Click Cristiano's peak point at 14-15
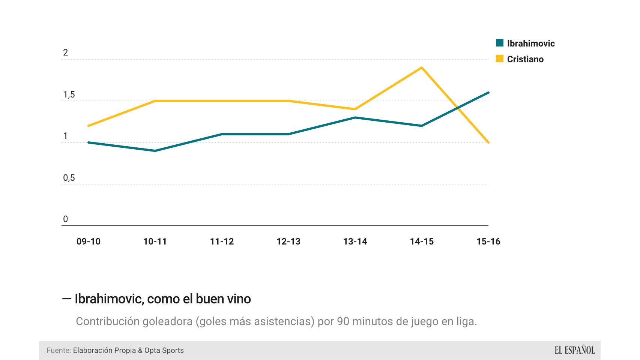(x=422, y=68)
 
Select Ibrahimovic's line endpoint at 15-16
(x=488, y=93)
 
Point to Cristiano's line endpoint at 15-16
(x=488, y=142)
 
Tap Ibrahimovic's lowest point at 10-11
(x=155, y=151)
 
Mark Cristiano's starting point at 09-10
(x=89, y=126)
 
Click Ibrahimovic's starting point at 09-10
(x=89, y=142)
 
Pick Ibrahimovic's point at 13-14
(x=355, y=117)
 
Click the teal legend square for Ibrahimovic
(x=500, y=43)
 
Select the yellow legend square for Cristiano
(x=500, y=58)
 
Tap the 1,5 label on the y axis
(x=69, y=94)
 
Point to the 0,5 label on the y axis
(x=69, y=178)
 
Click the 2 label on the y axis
(x=66, y=52)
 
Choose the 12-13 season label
(x=288, y=241)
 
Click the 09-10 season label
(x=89, y=241)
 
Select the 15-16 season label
(x=488, y=241)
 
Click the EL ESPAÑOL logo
(x=575, y=350)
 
